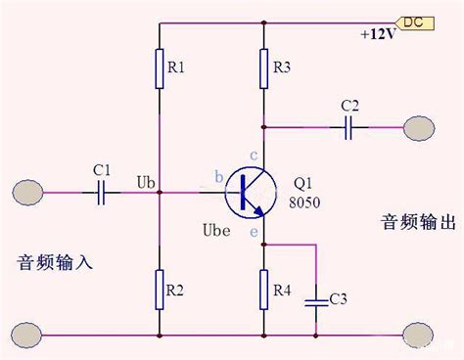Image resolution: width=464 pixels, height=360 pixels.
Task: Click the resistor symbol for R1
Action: click(x=160, y=68)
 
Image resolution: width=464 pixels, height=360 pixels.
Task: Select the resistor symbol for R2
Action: click(x=160, y=290)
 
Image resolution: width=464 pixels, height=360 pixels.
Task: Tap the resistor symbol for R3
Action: click(x=264, y=68)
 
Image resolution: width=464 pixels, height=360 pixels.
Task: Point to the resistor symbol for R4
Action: click(x=264, y=290)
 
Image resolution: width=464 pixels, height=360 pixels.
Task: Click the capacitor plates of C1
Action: click(x=101, y=193)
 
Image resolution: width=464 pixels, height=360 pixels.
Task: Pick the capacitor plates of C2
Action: click(x=348, y=127)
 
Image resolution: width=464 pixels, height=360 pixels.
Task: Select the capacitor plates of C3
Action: click(x=316, y=303)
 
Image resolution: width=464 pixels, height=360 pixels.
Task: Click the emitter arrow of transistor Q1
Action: click(x=258, y=211)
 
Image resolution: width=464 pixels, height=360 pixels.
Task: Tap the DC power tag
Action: click(x=414, y=23)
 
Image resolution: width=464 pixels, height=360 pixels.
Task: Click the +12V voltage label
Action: click(x=378, y=34)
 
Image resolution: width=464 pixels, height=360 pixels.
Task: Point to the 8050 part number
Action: click(x=304, y=202)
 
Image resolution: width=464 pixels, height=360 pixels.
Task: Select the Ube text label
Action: click(x=216, y=230)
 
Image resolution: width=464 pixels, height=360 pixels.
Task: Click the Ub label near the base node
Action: click(x=146, y=183)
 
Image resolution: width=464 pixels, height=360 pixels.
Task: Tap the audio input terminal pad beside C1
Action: click(x=27, y=193)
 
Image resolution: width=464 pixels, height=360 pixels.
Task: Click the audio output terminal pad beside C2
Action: click(x=419, y=128)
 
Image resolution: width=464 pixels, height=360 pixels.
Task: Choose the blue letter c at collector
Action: click(x=254, y=156)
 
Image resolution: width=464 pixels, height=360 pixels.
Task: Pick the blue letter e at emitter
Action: click(x=254, y=232)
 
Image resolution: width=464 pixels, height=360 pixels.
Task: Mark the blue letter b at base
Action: click(x=219, y=177)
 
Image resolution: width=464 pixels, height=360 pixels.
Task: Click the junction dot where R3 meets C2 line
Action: click(x=264, y=127)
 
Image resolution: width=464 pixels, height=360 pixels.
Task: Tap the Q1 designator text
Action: click(x=302, y=184)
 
